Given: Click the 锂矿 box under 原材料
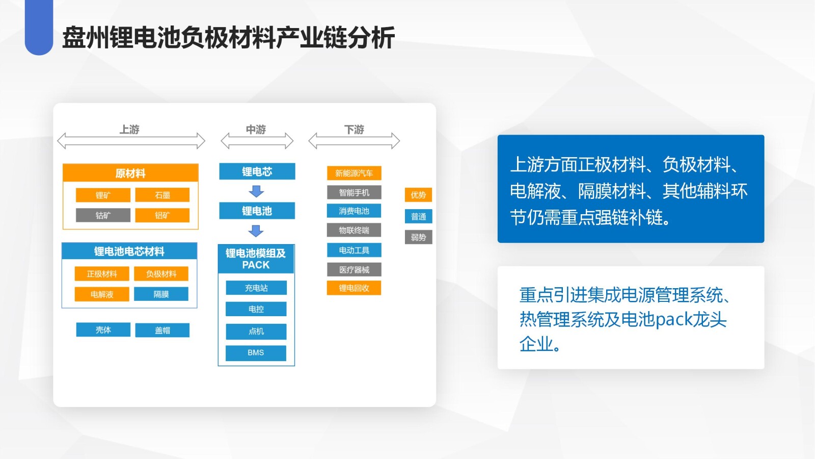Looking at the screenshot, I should click(103, 195).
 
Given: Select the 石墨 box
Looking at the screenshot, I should click(162, 195).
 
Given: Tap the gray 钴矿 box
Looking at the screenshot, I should click(103, 215).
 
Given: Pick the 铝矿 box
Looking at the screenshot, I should click(162, 215).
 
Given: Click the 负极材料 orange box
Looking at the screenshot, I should click(161, 274).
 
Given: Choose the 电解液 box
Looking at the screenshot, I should click(102, 294).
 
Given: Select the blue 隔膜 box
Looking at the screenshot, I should click(161, 294).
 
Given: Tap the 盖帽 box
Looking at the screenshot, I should click(162, 330).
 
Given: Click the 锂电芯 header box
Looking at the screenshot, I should click(257, 171).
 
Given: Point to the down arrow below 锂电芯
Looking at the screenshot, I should click(256, 192).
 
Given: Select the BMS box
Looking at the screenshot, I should click(256, 353).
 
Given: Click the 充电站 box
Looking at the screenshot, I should click(256, 288).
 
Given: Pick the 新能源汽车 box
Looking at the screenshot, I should click(354, 173).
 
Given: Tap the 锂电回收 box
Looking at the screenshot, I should click(354, 288).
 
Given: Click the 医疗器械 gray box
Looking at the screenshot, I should click(354, 270).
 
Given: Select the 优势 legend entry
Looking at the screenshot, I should click(418, 195).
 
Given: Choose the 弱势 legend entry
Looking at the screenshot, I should click(418, 237).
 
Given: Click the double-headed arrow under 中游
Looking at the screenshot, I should click(257, 141).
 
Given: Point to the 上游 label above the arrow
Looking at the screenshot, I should click(129, 130).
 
